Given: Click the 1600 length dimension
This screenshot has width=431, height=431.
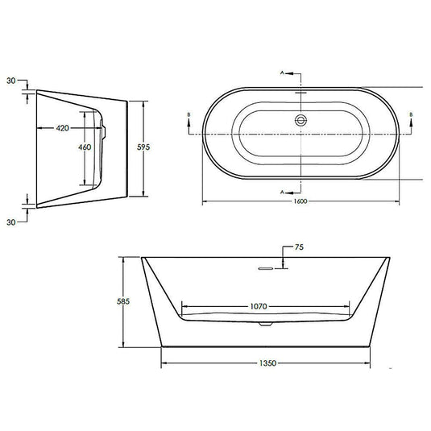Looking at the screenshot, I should (300, 205).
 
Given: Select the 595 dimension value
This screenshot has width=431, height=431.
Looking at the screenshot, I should (161, 147).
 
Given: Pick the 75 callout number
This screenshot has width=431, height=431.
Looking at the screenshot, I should (300, 248).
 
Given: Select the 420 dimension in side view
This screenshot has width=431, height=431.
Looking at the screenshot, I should (65, 128).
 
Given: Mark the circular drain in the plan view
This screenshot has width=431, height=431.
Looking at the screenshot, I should (300, 120).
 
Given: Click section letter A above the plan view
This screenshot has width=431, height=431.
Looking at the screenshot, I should (283, 73).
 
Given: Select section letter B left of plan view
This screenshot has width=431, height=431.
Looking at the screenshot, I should (189, 116).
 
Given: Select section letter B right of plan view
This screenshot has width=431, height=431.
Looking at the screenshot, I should (412, 116).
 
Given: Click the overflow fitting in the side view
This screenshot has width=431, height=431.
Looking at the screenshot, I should (103, 125).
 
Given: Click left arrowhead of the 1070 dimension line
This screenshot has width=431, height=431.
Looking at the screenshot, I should (184, 307).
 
